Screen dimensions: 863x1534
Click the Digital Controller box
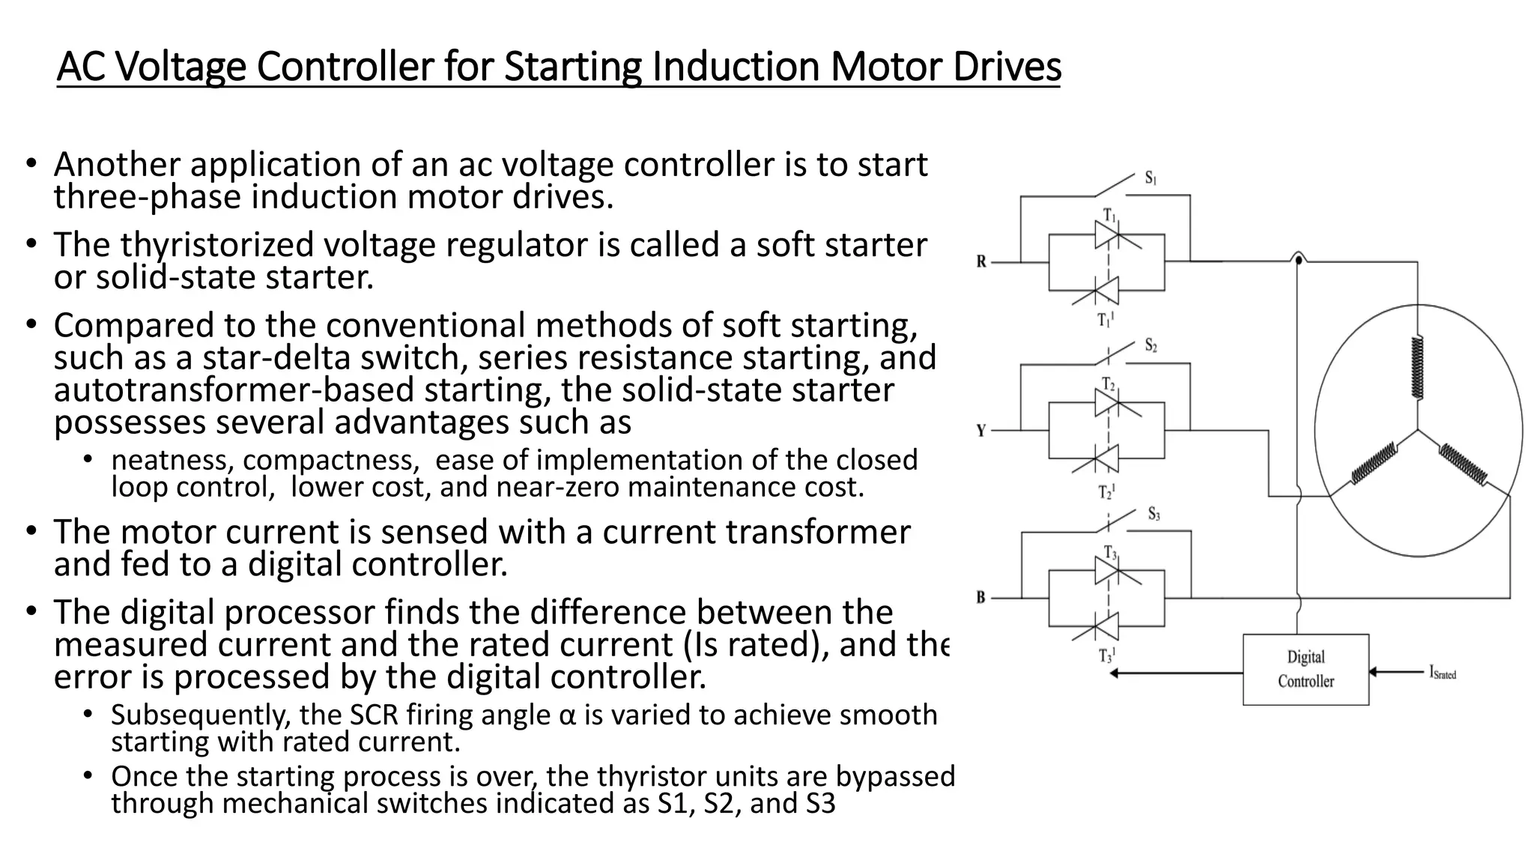[x=1306, y=669]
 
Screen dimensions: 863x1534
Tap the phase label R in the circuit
[x=981, y=262]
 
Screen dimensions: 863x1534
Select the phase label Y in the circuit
[x=981, y=431]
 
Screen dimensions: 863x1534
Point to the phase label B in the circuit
[x=981, y=598]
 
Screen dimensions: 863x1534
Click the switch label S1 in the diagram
[x=1150, y=178]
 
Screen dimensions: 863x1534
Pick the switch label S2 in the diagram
[x=1151, y=346]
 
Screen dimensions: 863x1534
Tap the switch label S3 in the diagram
[x=1154, y=515]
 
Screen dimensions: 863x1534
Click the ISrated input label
[x=1443, y=673]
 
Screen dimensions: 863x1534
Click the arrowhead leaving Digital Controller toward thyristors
[x=1114, y=673]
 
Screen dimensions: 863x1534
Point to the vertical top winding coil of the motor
[x=1417, y=367]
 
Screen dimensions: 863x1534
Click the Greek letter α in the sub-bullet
[x=567, y=715]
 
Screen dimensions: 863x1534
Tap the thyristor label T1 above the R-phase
[x=1109, y=216]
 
